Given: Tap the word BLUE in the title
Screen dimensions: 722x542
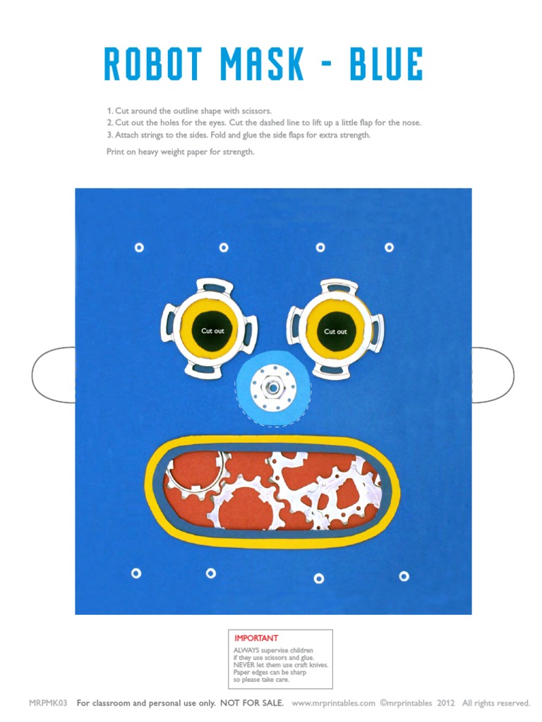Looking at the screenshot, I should point(385,65).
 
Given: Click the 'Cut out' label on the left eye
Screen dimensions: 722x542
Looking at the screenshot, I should point(212,331).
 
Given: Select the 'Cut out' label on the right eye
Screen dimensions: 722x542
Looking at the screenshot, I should point(335,331).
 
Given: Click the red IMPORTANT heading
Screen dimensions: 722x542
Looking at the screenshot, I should point(256,638).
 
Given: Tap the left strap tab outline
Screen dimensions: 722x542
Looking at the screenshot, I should point(54,374).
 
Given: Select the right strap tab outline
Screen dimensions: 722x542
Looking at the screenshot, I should point(493,374).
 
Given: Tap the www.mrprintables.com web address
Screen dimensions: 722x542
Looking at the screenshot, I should point(333,703).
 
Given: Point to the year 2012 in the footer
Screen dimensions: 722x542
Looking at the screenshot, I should point(445,703).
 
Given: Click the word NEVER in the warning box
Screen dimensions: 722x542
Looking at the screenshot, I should point(244,665).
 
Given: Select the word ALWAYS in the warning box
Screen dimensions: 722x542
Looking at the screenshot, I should point(246,650).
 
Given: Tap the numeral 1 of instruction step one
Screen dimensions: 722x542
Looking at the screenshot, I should point(109,111).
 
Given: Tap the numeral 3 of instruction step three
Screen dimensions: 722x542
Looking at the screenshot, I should point(109,135).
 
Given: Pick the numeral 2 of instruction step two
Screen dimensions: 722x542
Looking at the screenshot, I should point(109,123).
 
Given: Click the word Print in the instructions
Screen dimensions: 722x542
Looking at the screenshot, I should point(115,152).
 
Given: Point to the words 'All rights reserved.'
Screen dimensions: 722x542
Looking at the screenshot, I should point(496,703).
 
